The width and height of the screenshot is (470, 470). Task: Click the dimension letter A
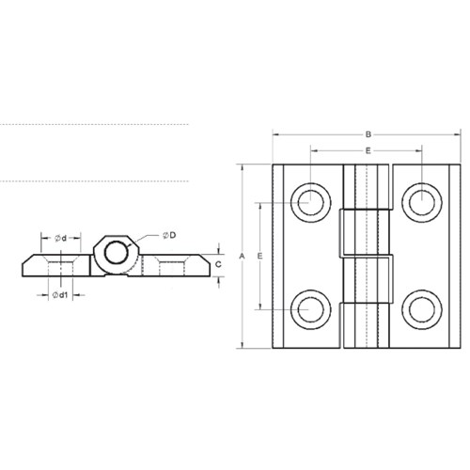(242, 256)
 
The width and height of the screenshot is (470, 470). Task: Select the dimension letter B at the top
(368, 133)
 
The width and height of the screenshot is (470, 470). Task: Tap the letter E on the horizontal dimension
(368, 149)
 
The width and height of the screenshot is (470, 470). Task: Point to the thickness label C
(218, 264)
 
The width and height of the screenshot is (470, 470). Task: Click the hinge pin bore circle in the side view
(117, 251)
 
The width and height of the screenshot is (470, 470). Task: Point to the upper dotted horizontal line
(94, 124)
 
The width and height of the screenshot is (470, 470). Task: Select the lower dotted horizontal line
(94, 180)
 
